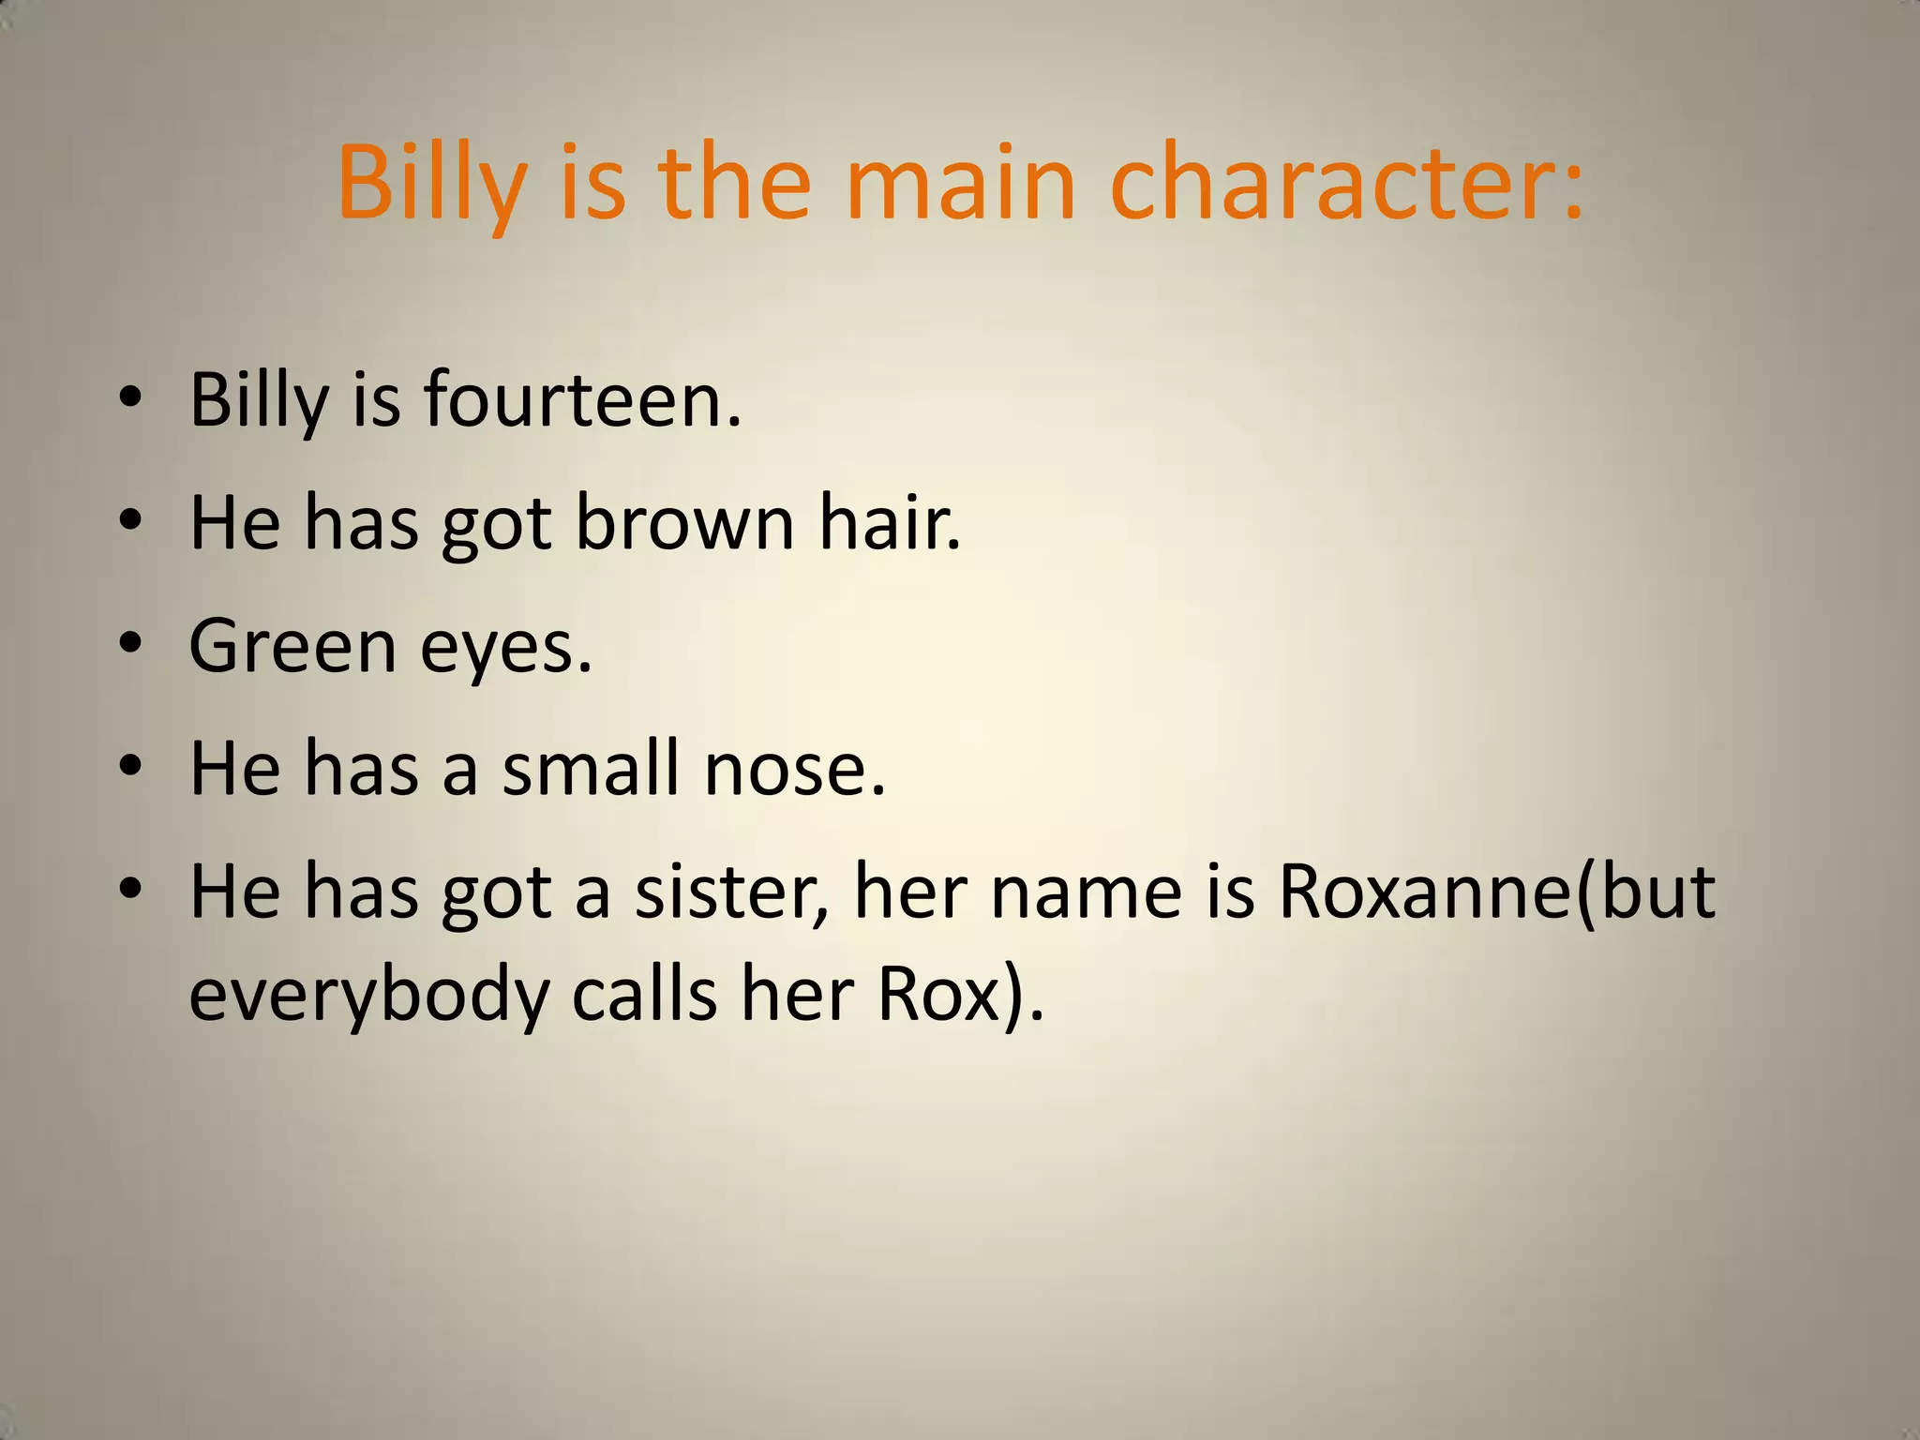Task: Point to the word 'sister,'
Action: [x=732, y=892]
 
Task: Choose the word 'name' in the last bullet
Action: [x=1087, y=892]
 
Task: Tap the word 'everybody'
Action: [x=369, y=997]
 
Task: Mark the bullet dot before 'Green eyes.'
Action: [x=130, y=644]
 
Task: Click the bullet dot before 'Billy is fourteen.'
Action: [x=130, y=397]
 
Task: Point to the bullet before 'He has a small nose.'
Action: [x=130, y=766]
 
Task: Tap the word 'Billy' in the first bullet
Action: [x=259, y=400]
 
